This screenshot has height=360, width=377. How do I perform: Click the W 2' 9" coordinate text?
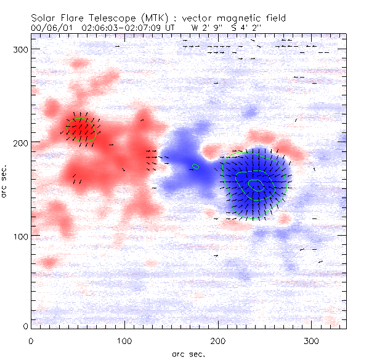tap(205, 28)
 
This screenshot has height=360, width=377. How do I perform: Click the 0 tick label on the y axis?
tap(25, 326)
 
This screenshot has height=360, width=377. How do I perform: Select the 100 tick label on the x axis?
tap(124, 340)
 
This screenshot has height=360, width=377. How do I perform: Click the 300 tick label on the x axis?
tap(312, 340)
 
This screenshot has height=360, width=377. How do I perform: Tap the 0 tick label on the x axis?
tap(31, 340)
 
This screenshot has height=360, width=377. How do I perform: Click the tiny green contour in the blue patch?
tap(196, 166)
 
